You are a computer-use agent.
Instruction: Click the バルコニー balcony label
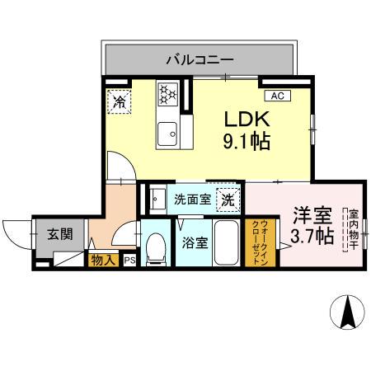point(200,59)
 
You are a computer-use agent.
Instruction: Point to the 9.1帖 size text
point(241,141)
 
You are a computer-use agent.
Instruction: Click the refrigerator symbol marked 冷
point(120,102)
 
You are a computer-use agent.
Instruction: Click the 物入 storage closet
point(103,261)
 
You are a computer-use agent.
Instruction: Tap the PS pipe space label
point(129,261)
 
